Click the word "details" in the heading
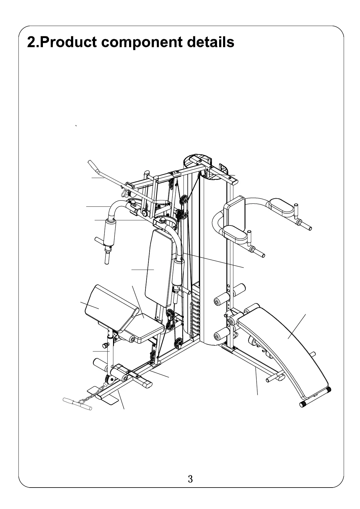210,42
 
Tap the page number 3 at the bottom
190,479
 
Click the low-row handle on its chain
77,404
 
